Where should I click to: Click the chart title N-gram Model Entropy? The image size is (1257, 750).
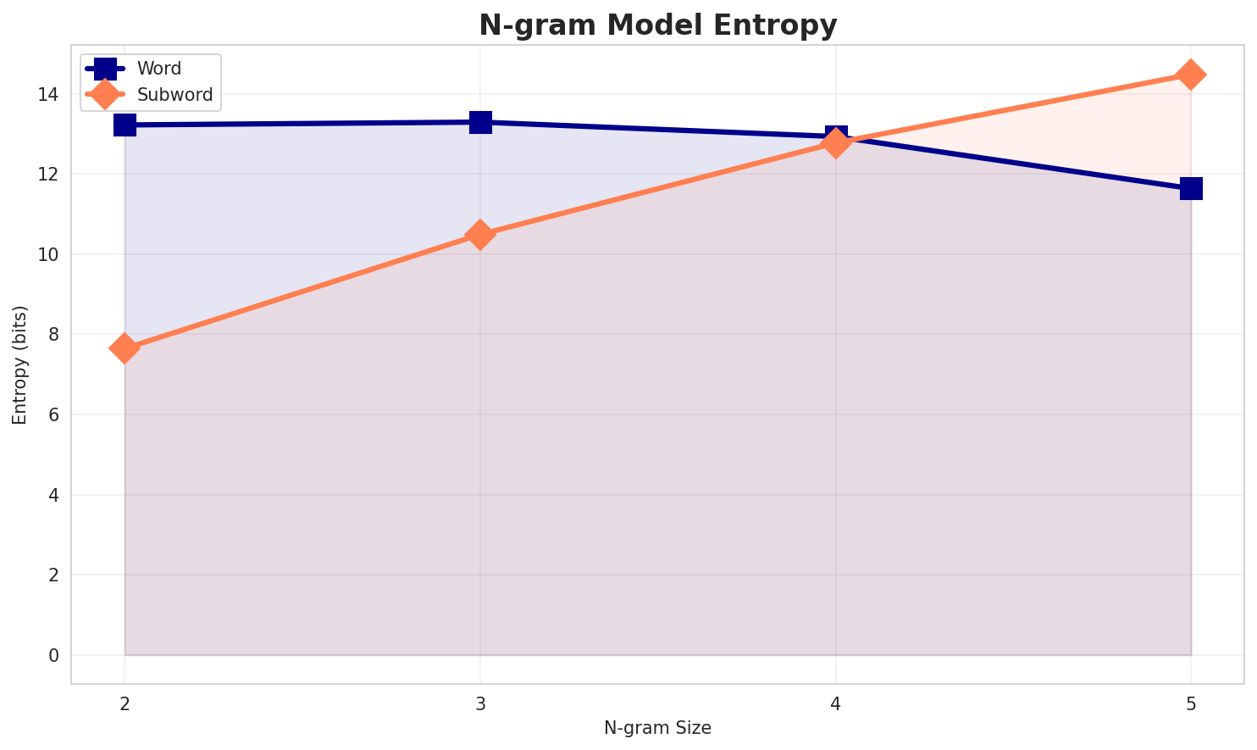point(657,25)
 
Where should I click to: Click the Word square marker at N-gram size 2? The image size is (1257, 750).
point(125,125)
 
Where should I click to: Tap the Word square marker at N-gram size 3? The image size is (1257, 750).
point(480,122)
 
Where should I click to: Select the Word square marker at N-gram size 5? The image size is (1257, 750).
point(1191,188)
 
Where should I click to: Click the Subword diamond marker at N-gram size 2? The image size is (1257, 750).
point(125,348)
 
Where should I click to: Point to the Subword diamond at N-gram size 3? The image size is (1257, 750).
point(480,235)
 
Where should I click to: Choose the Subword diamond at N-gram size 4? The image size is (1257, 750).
point(836,143)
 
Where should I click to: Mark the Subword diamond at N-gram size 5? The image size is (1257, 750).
point(1191,75)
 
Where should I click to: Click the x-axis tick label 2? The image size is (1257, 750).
point(125,703)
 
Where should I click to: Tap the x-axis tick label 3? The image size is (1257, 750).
point(480,703)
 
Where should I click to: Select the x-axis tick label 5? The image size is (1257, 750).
point(1191,703)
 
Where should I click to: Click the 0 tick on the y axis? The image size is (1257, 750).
point(54,655)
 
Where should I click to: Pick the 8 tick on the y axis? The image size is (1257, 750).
point(54,335)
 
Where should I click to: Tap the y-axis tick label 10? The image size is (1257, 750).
point(50,254)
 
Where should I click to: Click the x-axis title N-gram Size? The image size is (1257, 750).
point(657,728)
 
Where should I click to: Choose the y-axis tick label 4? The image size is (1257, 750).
point(54,495)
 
